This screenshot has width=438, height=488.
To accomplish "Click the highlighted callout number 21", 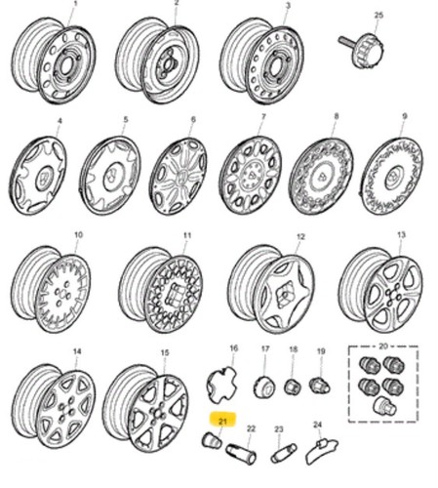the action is pyautogui.click(x=222, y=422).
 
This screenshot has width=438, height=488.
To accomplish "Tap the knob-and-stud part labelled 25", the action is pyautogui.click(x=362, y=49).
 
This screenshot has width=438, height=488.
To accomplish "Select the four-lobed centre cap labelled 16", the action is pyautogui.click(x=221, y=385).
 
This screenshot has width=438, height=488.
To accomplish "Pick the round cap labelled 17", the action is pyautogui.click(x=264, y=386).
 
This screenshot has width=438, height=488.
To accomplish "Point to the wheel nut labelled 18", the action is pyautogui.click(x=292, y=386).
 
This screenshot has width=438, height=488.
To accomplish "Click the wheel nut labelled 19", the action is pyautogui.click(x=320, y=385).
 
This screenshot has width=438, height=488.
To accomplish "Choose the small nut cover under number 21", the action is pyautogui.click(x=212, y=440).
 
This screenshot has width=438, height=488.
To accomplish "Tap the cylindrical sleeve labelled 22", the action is pyautogui.click(x=241, y=452).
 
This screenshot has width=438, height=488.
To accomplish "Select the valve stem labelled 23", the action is pyautogui.click(x=284, y=454).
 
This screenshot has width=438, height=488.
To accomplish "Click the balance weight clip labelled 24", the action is pyautogui.click(x=321, y=450).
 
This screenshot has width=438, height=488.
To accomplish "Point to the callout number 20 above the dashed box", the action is pyautogui.click(x=383, y=346).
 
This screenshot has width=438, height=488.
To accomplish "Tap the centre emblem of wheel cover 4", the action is pyautogui.click(x=43, y=178).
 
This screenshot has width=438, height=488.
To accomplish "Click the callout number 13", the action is pyautogui.click(x=402, y=235).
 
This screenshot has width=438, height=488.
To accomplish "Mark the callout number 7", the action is pyautogui.click(x=263, y=116).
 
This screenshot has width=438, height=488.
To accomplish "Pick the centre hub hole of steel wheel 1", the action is pyautogui.click(x=65, y=66).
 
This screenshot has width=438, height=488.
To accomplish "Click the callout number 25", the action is pyautogui.click(x=378, y=16).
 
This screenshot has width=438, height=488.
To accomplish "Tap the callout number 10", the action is pyautogui.click(x=79, y=234).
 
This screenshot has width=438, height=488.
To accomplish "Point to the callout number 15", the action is pyautogui.click(x=165, y=352).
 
